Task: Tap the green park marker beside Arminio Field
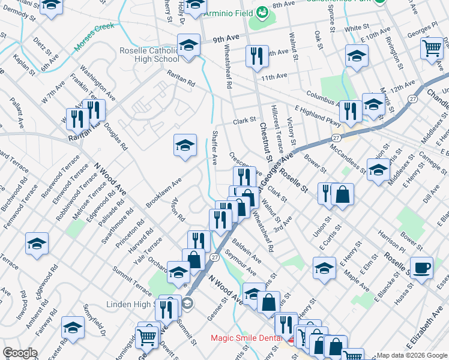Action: pos(261,12)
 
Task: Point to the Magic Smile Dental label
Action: pos(246,338)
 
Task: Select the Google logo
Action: pos(20,353)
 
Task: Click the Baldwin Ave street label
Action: pos(246,252)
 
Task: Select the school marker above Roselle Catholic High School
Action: pos(188,44)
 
